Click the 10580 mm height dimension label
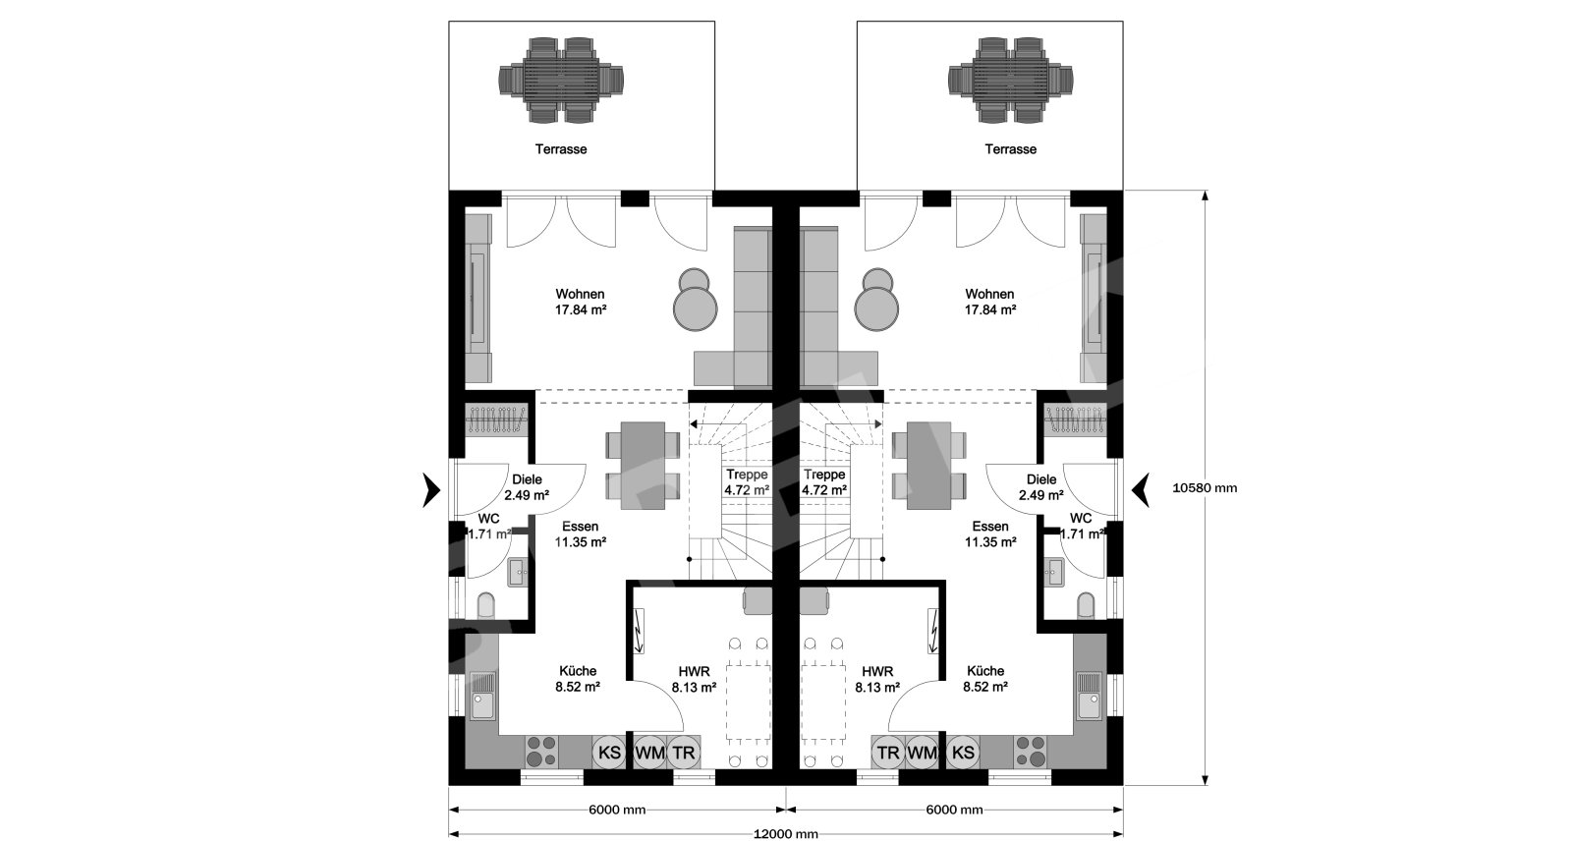pyautogui.click(x=1205, y=488)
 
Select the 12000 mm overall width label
pyautogui.click(x=786, y=834)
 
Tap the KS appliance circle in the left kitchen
pyautogui.click(x=610, y=753)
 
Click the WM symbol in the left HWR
pyautogui.click(x=649, y=753)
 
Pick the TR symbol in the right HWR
pyautogui.click(x=888, y=753)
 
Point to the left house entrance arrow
pyautogui.click(x=431, y=489)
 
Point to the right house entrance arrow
pyautogui.click(x=1141, y=489)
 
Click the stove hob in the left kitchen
pyautogui.click(x=541, y=751)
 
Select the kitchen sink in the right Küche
pyautogui.click(x=1090, y=695)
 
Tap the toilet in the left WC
pyautogui.click(x=485, y=606)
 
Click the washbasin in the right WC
pyautogui.click(x=1054, y=572)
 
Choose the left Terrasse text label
pyautogui.click(x=561, y=148)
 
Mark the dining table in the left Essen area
pyautogui.click(x=643, y=466)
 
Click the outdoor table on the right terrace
pyautogui.click(x=1010, y=80)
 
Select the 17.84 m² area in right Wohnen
pyautogui.click(x=989, y=309)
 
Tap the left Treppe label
pyautogui.click(x=747, y=475)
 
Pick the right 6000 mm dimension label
pyautogui.click(x=954, y=811)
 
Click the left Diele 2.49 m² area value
pyautogui.click(x=527, y=495)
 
